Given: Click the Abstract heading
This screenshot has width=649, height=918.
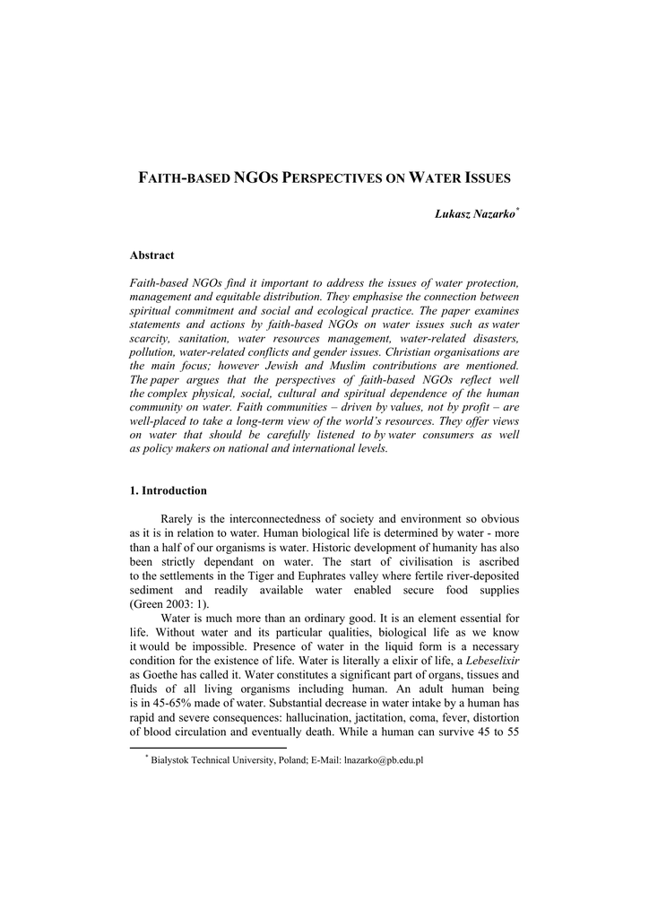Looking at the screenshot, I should (x=152, y=255).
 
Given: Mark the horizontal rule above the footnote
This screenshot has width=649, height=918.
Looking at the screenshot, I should (x=208, y=747).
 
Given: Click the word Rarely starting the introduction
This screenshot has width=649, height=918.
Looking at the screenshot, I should (x=179, y=519).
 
